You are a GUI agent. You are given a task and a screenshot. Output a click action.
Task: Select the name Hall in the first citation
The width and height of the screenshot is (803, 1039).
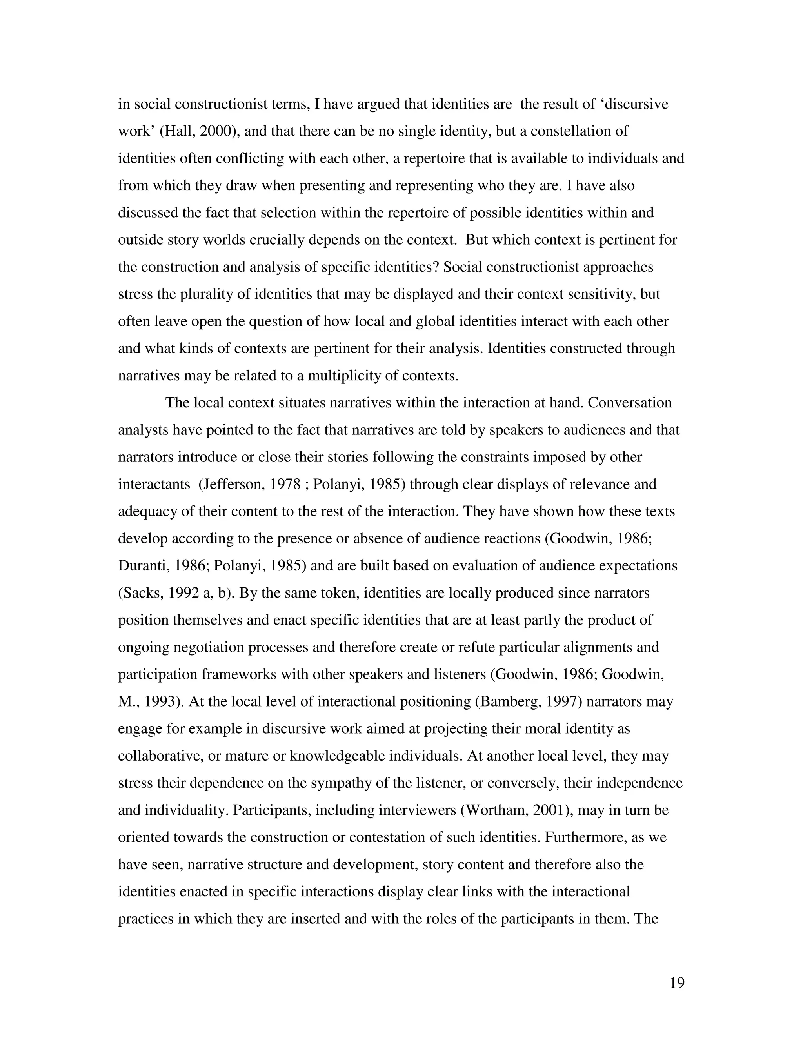[x=176, y=131]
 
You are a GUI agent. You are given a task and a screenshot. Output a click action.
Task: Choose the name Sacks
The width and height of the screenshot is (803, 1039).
[x=141, y=593]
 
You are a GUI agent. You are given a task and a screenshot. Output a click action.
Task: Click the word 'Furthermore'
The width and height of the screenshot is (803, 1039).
[x=584, y=837]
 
